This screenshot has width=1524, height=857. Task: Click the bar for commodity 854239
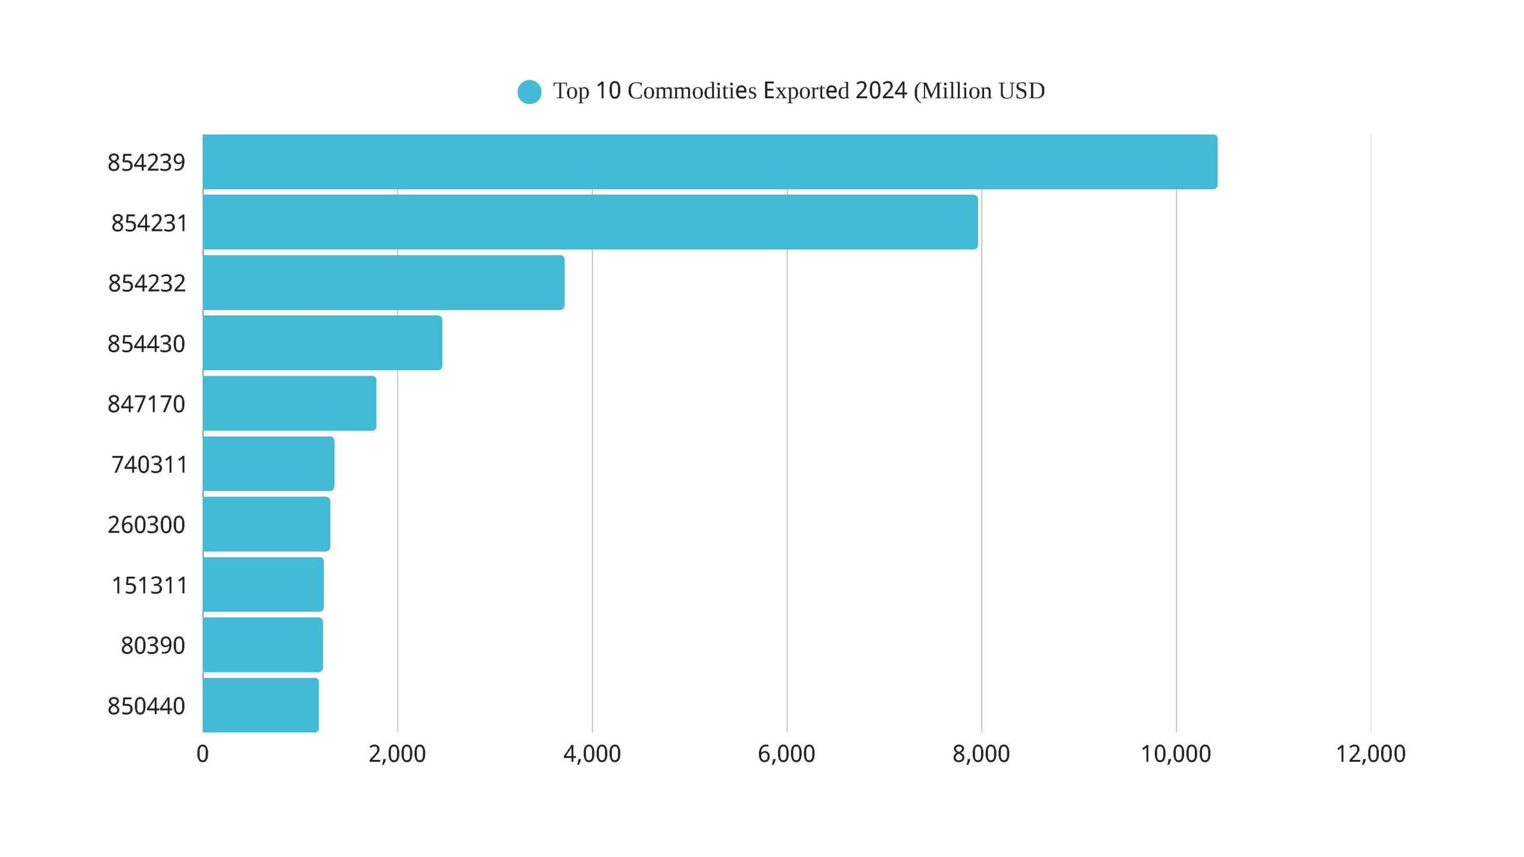(x=710, y=162)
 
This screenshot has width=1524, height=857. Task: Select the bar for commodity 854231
(x=590, y=222)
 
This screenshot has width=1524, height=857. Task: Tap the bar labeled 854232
(x=383, y=283)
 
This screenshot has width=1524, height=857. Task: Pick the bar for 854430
(x=322, y=343)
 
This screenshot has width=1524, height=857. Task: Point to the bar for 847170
(x=289, y=403)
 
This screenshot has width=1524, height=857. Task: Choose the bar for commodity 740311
(x=268, y=464)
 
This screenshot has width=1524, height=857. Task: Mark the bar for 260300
(x=266, y=524)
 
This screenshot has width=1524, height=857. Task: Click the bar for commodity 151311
(x=263, y=584)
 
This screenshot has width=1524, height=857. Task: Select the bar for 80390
(x=263, y=645)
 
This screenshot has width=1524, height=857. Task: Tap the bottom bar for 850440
(x=261, y=705)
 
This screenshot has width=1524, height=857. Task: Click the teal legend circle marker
(x=529, y=92)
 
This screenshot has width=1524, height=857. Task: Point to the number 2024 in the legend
(x=881, y=91)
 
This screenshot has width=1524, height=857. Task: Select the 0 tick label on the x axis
(x=202, y=754)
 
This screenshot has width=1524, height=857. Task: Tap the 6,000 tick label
(x=786, y=754)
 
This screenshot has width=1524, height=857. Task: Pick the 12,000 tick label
(x=1370, y=754)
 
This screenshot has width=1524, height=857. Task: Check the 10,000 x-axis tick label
(x=1176, y=754)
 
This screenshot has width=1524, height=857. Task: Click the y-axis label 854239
(x=146, y=162)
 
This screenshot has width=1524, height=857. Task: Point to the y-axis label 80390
(x=153, y=646)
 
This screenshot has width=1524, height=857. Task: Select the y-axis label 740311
(x=149, y=465)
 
